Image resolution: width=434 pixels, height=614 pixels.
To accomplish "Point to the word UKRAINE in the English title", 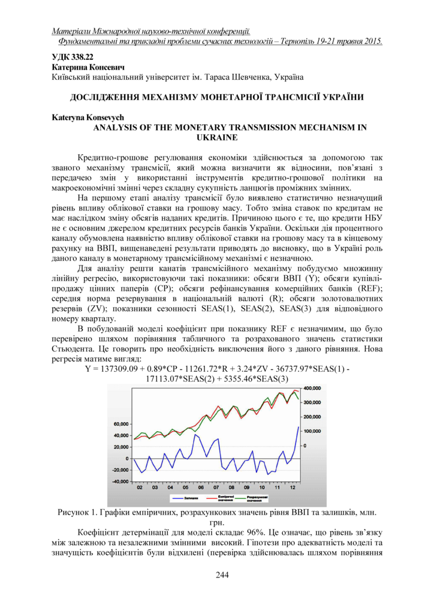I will [217, 137].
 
